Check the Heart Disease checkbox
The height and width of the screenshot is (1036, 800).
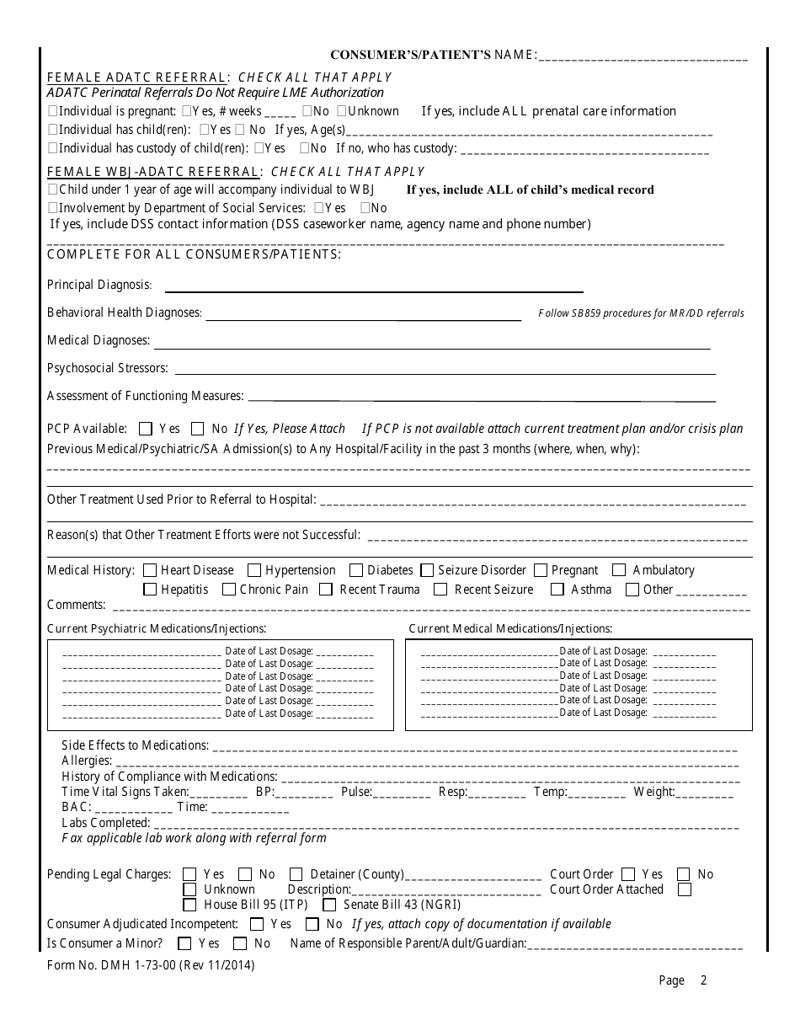(150, 570)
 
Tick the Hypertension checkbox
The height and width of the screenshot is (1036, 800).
(253, 570)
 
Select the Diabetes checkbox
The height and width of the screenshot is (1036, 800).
(355, 570)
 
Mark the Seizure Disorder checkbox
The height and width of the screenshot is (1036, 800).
(427, 570)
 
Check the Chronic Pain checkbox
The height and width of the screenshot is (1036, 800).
(228, 590)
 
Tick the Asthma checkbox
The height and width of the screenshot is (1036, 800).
(557, 590)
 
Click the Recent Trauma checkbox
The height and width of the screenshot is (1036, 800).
(326, 590)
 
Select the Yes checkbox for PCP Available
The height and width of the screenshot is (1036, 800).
(146, 428)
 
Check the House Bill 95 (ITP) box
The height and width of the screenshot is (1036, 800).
(190, 905)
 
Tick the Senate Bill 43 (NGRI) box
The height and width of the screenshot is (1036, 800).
(330, 905)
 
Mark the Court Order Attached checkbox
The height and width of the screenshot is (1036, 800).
(685, 889)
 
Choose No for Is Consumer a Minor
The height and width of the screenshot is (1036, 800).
(240, 943)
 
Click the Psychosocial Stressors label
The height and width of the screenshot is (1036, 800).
(108, 368)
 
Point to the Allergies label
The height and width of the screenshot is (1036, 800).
(87, 761)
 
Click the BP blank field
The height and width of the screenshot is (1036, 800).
(305, 793)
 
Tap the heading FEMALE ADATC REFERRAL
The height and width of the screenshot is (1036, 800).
(136, 77)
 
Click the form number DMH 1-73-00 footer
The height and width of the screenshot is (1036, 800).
(151, 965)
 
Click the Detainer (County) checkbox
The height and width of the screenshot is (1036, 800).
(296, 874)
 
